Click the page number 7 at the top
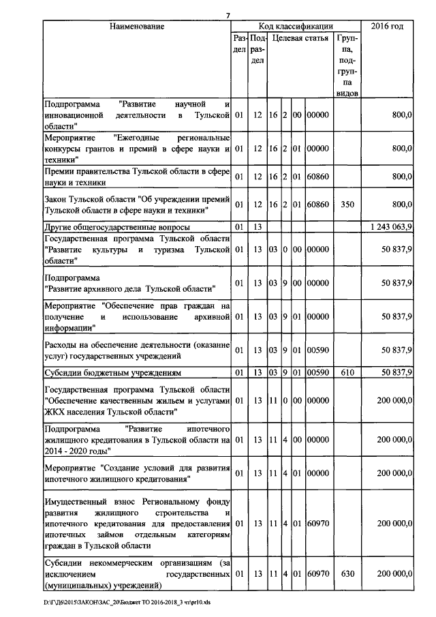(x=229, y=16)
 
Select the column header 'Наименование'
(x=138, y=27)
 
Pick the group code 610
(x=347, y=372)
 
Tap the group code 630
(x=347, y=575)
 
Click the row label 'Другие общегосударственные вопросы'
(x=116, y=226)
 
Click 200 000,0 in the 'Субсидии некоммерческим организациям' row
(x=393, y=575)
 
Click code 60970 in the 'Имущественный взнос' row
(x=317, y=524)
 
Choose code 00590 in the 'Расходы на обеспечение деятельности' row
(x=317, y=350)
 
